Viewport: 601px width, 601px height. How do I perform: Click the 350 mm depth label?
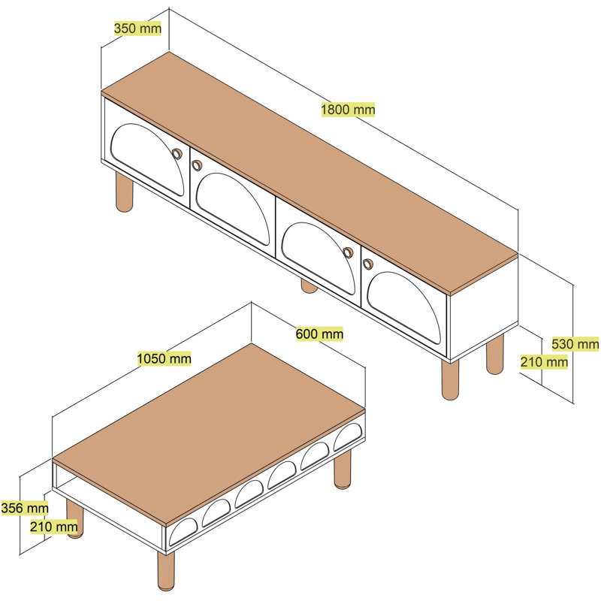[137, 29]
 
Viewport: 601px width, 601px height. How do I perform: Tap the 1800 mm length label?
[348, 110]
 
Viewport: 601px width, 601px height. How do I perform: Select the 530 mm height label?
[575, 344]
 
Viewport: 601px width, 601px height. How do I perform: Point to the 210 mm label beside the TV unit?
[544, 361]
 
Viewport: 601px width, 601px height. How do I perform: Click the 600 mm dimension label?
[319, 334]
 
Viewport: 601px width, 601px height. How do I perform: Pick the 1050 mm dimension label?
[164, 359]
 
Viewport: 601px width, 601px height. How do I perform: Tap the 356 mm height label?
[25, 509]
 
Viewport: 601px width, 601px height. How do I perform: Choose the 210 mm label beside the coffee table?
[53, 527]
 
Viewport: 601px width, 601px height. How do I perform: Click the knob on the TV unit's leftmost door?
[177, 154]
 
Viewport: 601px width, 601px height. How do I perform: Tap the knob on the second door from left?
[197, 165]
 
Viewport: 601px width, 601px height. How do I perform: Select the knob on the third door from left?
[348, 252]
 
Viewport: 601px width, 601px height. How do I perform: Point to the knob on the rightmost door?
[368, 264]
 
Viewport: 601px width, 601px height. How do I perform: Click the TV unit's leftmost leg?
[124, 192]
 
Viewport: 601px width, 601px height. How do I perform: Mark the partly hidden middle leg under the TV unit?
[309, 286]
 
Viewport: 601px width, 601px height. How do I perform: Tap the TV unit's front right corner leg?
[450, 379]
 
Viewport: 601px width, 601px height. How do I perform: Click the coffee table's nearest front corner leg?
[166, 571]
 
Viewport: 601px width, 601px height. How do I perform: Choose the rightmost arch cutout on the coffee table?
[348, 437]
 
